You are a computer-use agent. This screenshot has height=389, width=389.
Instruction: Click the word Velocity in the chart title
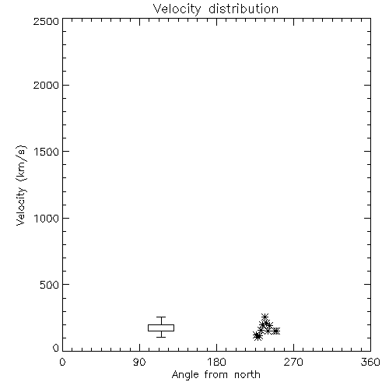click(x=177, y=9)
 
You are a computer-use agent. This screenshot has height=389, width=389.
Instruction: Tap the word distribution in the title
click(x=244, y=9)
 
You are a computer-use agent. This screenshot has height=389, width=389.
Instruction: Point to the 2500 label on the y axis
click(x=46, y=21)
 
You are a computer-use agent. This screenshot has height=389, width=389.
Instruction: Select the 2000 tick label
click(x=46, y=85)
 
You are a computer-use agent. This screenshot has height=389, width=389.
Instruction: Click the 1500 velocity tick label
click(x=47, y=152)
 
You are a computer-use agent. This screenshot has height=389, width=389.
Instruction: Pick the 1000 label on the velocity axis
click(x=47, y=218)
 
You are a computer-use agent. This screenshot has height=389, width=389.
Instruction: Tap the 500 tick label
click(x=50, y=285)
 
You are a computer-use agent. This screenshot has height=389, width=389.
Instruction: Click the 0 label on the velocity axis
click(x=56, y=348)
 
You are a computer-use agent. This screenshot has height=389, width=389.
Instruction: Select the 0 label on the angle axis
click(x=62, y=362)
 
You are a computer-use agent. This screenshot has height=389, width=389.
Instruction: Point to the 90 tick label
click(x=139, y=362)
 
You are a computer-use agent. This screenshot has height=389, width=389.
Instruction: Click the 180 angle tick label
click(x=216, y=362)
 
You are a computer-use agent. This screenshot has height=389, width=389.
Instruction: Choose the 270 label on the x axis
click(x=293, y=362)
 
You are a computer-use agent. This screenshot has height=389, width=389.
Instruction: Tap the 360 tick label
click(x=370, y=362)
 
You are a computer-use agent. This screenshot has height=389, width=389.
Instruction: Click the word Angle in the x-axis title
click(x=185, y=375)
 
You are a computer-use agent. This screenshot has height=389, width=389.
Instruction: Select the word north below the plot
click(x=247, y=375)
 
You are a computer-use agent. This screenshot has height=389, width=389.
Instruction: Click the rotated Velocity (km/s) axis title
click(x=21, y=185)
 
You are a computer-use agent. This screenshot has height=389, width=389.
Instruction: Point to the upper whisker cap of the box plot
click(x=161, y=317)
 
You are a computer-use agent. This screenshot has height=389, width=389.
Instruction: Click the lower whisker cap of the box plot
click(x=161, y=337)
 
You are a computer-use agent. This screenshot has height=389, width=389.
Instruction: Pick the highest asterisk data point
click(x=265, y=317)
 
